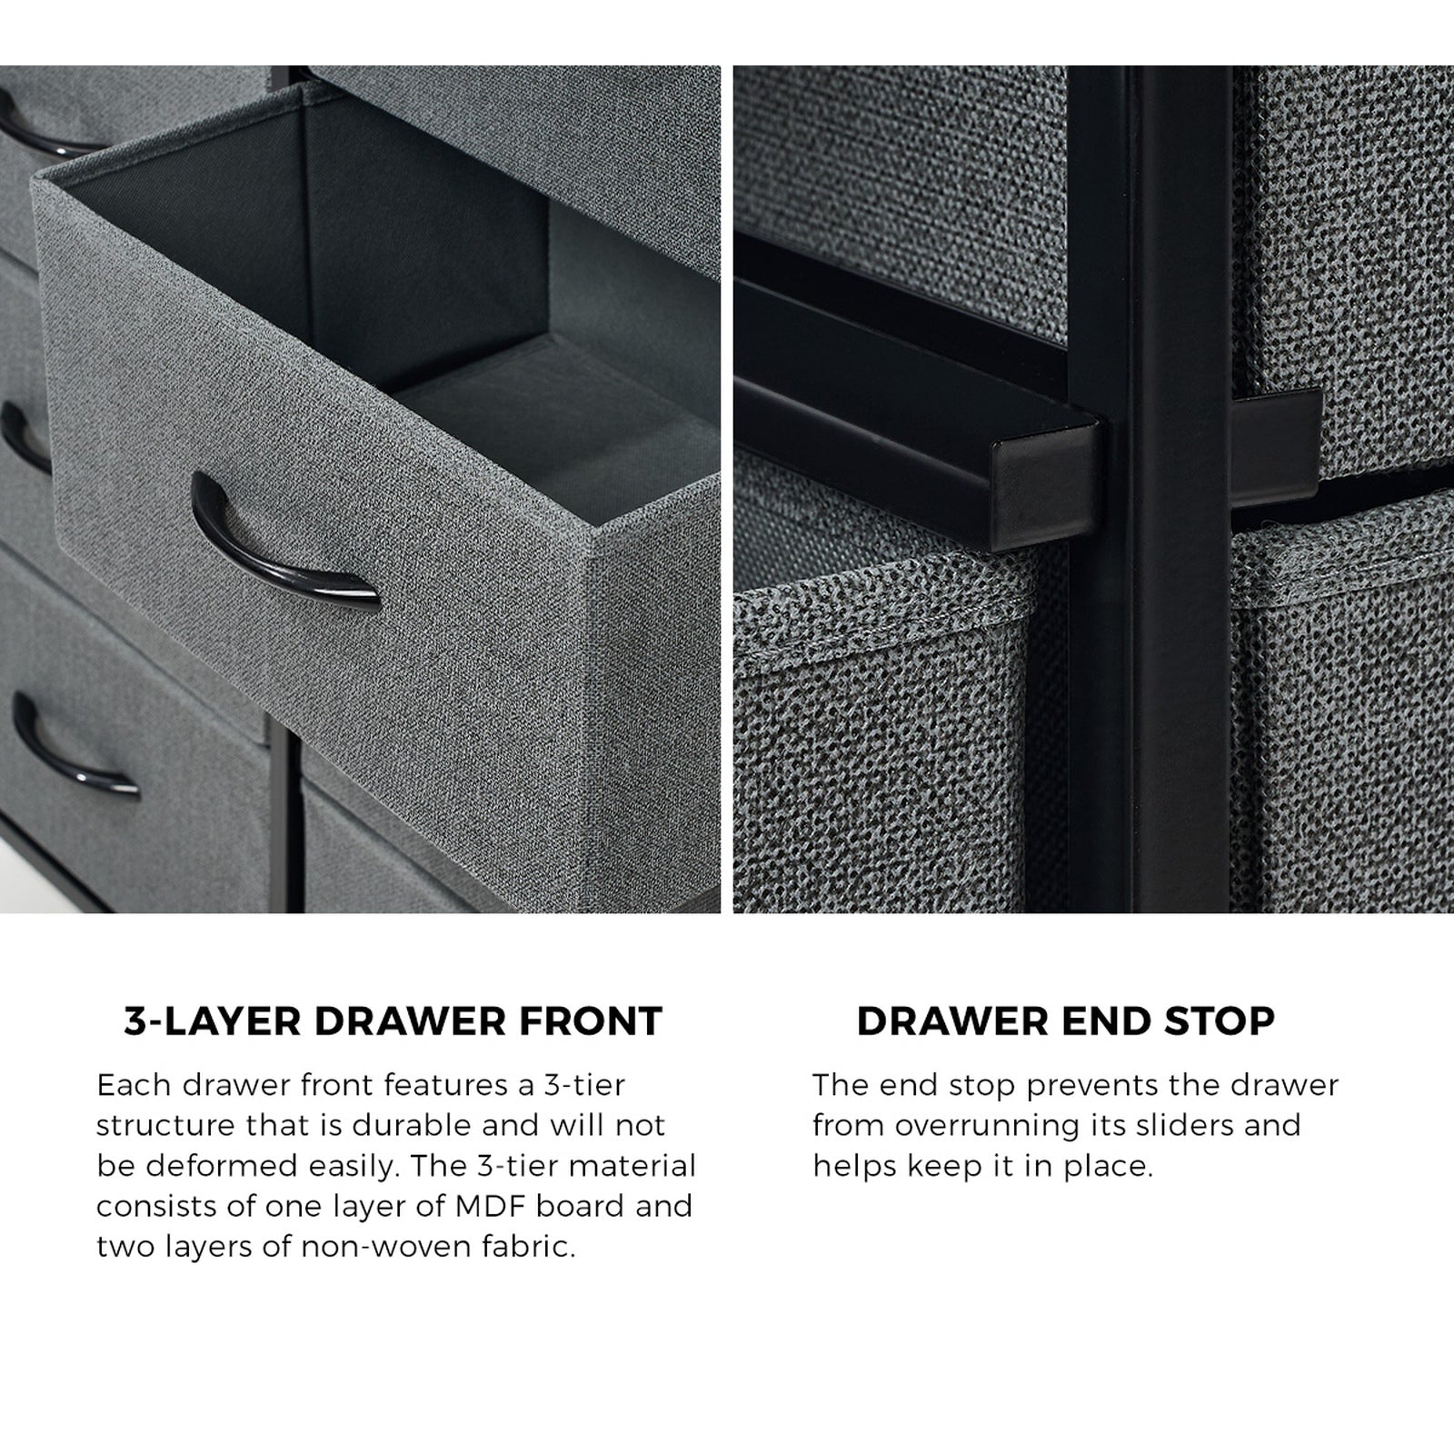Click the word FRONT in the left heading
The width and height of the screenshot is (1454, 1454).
(590, 1021)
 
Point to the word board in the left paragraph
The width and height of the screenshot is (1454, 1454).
(583, 1206)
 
